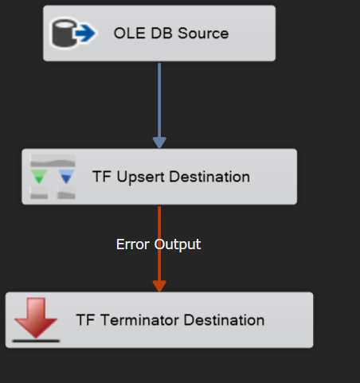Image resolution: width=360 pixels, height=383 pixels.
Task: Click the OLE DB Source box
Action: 159,33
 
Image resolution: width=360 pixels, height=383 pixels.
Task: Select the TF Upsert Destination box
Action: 159,177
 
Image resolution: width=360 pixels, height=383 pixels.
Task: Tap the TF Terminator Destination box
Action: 159,320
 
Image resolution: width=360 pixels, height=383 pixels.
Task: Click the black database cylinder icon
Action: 64,33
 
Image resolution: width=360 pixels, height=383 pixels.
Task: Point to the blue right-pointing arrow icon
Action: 85,33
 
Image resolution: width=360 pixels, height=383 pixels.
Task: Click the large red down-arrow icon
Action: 36,318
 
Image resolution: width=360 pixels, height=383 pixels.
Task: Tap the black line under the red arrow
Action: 36,341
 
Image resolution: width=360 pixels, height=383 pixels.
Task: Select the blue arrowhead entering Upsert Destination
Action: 159,143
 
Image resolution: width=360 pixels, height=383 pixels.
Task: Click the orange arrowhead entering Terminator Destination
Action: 159,286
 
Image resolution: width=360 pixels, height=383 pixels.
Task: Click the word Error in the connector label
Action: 133,244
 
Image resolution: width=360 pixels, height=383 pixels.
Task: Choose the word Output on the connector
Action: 178,244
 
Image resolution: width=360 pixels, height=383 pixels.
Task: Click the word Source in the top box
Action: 203,33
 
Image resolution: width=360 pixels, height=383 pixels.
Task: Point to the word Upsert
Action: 141,177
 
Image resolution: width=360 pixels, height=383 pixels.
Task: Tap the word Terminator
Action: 139,320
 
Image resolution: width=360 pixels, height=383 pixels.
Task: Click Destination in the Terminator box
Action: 224,320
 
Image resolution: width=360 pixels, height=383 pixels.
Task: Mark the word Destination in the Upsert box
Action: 209,177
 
